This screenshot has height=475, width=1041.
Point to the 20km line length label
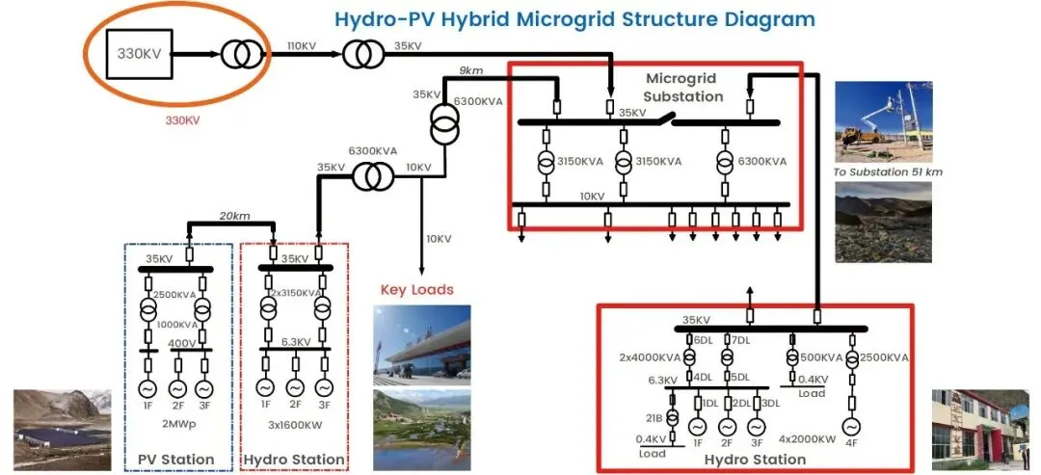[234, 215]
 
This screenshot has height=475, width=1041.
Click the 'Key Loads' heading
[416, 289]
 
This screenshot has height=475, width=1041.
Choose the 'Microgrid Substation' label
[683, 87]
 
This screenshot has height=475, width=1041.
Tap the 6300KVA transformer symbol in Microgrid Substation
[725, 162]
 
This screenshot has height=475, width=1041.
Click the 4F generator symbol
[852, 426]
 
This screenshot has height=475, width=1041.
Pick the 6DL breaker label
[703, 339]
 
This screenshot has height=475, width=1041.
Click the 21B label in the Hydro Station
[654, 416]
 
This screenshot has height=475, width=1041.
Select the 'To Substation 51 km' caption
[888, 172]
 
